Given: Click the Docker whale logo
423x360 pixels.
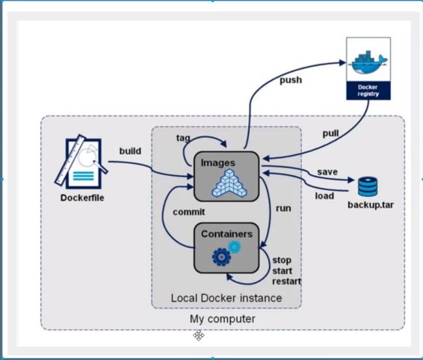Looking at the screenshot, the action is [x=368, y=62].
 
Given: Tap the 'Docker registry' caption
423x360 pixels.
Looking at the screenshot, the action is [x=368, y=90].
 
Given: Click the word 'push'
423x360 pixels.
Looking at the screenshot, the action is [x=290, y=80].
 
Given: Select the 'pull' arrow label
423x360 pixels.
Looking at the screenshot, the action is [x=331, y=133].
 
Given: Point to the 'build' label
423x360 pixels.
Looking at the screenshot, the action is [x=130, y=151].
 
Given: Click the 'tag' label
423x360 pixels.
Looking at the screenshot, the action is [x=183, y=138].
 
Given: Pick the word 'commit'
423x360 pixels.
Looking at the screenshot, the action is [x=189, y=212].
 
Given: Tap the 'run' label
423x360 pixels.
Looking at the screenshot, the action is [x=283, y=208].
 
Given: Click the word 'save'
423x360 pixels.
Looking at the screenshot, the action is [x=327, y=172].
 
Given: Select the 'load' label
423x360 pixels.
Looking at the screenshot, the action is [x=325, y=196].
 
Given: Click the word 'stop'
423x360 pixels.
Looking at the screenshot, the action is [x=282, y=260].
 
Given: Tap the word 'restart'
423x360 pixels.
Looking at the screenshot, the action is [x=286, y=281].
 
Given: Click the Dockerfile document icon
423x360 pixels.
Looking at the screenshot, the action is [x=81, y=163].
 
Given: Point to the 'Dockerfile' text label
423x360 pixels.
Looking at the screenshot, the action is [x=82, y=198].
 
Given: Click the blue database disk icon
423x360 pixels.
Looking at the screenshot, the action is [x=368, y=186].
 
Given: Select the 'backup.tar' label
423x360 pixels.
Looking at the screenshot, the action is [x=370, y=205].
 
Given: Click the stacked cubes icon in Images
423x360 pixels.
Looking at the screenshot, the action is [x=229, y=183].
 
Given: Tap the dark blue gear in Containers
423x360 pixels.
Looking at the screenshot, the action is [x=221, y=257].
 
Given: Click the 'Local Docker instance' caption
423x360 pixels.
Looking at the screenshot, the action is [x=226, y=298].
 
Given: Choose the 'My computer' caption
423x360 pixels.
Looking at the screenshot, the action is [x=223, y=319].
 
